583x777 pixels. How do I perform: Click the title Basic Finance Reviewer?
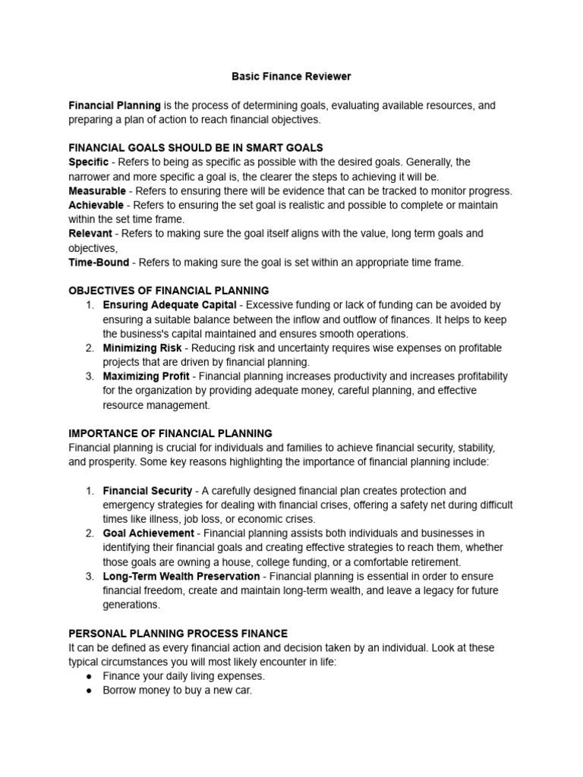(291, 77)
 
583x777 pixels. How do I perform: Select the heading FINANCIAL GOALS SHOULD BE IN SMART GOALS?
(196, 148)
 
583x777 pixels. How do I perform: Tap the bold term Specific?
(88, 162)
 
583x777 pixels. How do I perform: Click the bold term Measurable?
(97, 191)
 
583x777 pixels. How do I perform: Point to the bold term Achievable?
(96, 206)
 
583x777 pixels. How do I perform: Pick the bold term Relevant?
(90, 234)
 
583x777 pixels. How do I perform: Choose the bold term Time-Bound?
(99, 263)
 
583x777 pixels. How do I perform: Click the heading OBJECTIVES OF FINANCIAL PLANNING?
(169, 291)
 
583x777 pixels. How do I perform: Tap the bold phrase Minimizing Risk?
(142, 348)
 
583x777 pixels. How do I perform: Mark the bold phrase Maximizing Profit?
(147, 376)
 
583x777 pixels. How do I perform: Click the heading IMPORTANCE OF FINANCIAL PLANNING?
(170, 433)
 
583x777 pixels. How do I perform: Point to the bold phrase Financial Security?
(147, 491)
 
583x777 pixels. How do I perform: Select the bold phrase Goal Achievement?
(149, 533)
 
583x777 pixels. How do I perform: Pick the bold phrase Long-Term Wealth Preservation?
(181, 577)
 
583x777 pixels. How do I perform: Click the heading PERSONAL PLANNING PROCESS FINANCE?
(178, 634)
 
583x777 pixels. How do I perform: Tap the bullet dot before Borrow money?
(90, 691)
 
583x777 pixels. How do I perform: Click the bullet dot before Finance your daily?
(90, 676)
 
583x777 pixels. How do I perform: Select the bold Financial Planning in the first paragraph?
(115, 105)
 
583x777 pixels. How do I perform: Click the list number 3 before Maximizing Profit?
(89, 376)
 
